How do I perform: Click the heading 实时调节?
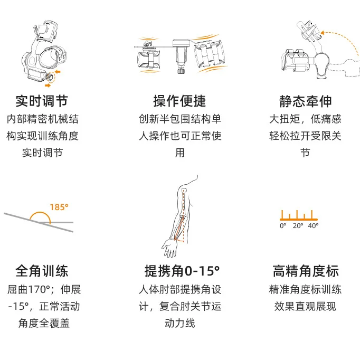42,101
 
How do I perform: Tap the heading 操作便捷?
179,101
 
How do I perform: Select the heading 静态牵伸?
306,101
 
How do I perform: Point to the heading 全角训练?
42,271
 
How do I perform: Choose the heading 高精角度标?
306,271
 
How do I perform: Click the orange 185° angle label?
59,207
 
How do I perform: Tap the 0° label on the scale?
283,226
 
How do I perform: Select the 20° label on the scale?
298,226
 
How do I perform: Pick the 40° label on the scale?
313,226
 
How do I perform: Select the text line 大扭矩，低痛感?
306,119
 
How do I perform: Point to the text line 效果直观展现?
306,306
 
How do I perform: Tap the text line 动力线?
179,323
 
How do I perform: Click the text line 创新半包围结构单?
179,119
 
